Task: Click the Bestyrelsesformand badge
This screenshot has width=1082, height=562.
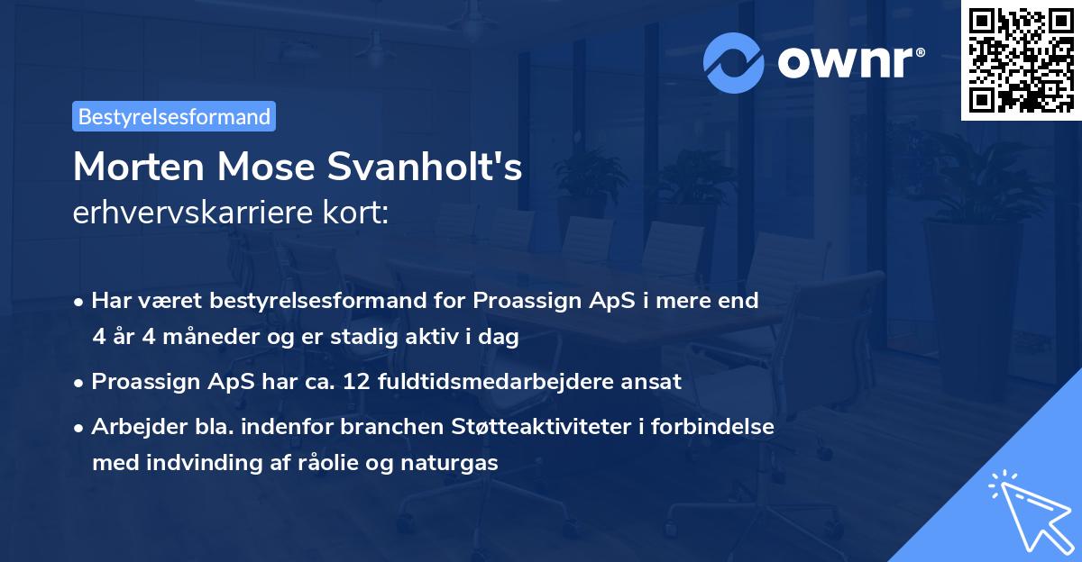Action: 174,116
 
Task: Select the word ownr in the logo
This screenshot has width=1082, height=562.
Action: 850,63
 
